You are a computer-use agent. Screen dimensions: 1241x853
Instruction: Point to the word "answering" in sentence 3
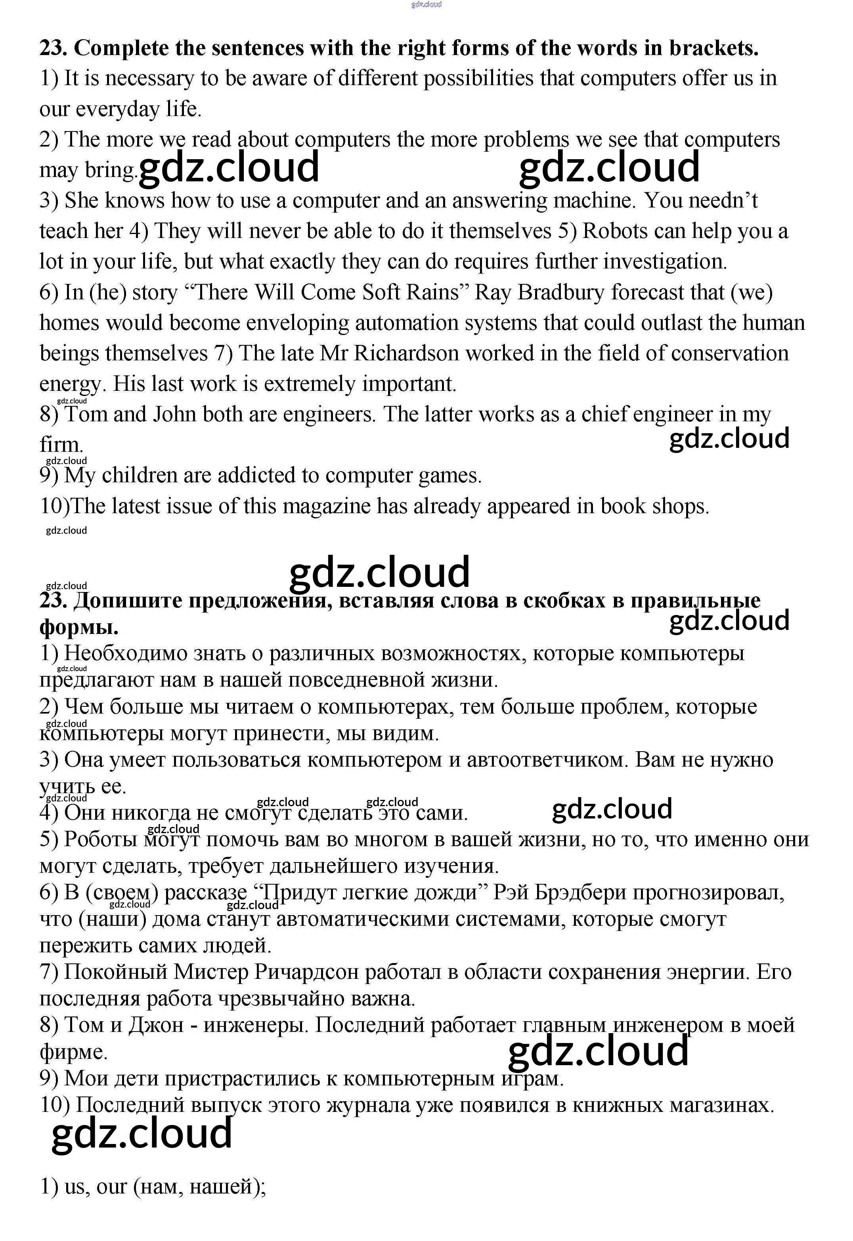[x=499, y=201]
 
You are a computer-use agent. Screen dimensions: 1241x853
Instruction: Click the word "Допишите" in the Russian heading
[x=127, y=601]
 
